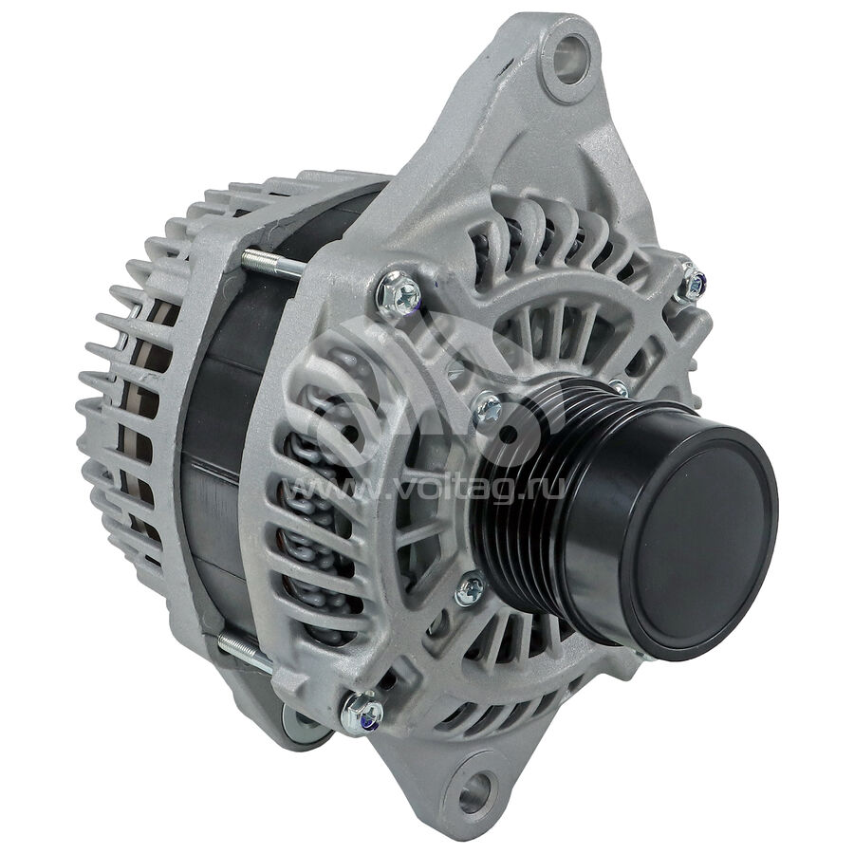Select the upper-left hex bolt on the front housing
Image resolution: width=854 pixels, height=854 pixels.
tap(399, 295)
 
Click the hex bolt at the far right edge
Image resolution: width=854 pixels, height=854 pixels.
tap(692, 283)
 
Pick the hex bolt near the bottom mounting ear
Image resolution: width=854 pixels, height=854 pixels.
tap(362, 713)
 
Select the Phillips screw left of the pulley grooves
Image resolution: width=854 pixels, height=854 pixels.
tap(488, 408)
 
